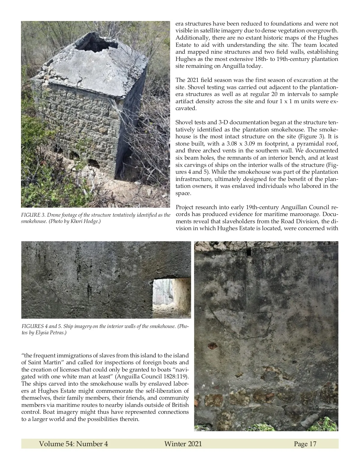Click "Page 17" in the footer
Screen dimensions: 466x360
(305, 444)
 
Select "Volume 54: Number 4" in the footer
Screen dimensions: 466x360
(73, 444)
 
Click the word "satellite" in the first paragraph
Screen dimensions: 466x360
(217, 31)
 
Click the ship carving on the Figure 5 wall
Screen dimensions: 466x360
(240, 323)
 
